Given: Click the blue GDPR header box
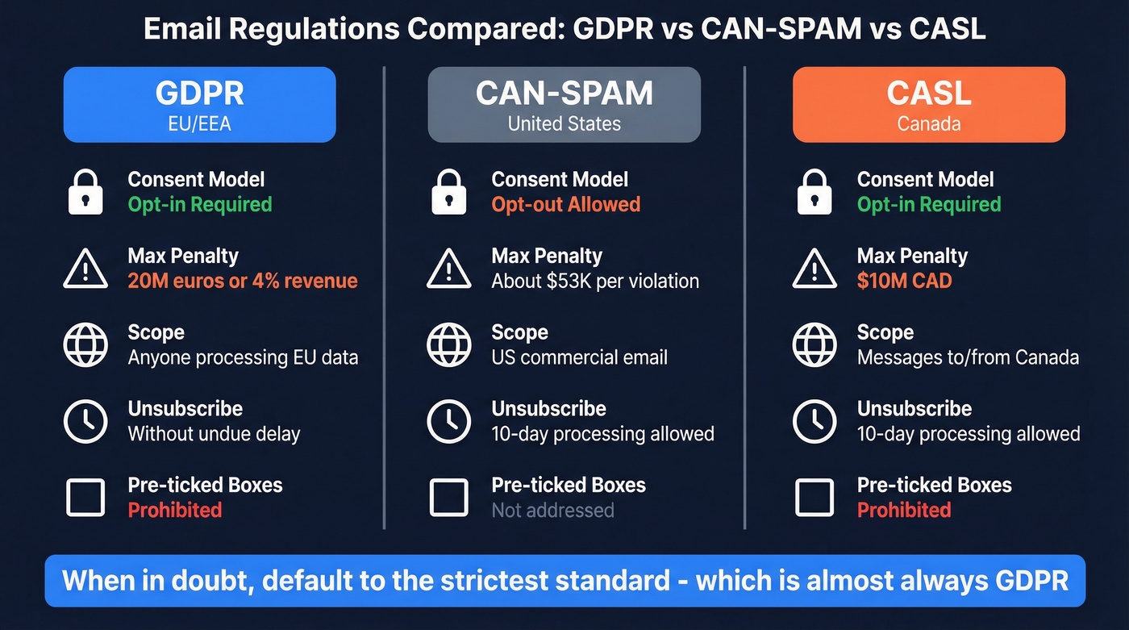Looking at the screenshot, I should point(199,105).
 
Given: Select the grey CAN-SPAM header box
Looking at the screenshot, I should point(564,105).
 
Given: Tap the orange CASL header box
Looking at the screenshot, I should point(928,105).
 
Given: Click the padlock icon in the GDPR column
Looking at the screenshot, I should point(85,192).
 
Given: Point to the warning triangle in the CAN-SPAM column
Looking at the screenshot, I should point(448,269).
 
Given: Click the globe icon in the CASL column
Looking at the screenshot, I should point(814,344).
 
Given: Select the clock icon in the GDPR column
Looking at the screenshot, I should point(85,421).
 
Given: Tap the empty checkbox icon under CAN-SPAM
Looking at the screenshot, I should point(448,498).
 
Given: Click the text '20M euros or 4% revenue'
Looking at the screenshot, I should point(242,281).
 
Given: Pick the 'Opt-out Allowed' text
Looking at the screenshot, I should point(565,204).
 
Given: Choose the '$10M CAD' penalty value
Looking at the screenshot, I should point(904,281).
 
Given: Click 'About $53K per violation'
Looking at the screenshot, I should point(595,281).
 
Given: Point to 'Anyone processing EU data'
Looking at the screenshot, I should point(243,357).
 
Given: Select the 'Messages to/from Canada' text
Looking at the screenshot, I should point(968,357).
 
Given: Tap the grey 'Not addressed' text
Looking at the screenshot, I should point(552,510).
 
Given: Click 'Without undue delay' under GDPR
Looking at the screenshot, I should point(214,434).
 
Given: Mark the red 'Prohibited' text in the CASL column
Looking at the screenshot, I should point(903,510).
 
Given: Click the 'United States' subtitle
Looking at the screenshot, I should point(564,124).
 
